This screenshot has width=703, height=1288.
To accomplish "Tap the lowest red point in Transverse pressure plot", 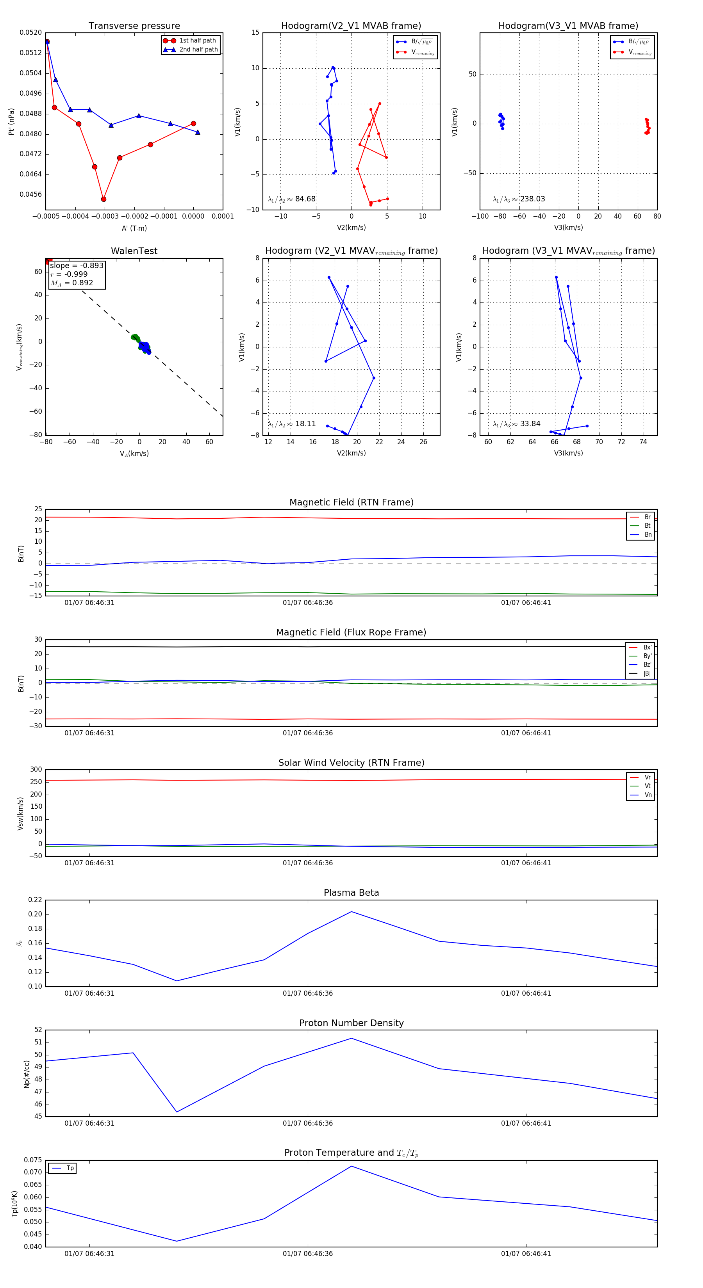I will tap(103, 199).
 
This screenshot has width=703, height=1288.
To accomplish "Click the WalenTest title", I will tap(134, 251).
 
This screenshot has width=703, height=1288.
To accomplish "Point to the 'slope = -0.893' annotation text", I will tap(77, 265).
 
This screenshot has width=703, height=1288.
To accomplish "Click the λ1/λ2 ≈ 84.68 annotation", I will tap(292, 199).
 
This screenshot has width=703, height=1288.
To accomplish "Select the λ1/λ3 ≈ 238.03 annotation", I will tap(519, 199).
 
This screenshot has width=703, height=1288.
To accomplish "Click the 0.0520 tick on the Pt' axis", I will tap(30, 32).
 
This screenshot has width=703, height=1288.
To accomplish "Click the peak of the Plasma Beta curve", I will tap(351, 911).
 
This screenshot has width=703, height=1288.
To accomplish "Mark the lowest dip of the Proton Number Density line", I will tap(177, 1112).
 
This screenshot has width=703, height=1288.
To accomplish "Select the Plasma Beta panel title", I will tap(351, 893).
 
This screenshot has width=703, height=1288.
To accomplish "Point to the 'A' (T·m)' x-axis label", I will tap(134, 228).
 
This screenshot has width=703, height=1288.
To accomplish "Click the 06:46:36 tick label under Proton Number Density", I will tap(307, 1123).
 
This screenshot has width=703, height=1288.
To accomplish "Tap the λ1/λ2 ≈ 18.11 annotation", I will tap(292, 424).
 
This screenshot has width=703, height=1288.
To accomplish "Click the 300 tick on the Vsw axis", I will tap(36, 770).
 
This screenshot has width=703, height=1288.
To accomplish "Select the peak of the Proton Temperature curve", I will tap(351, 1166).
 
